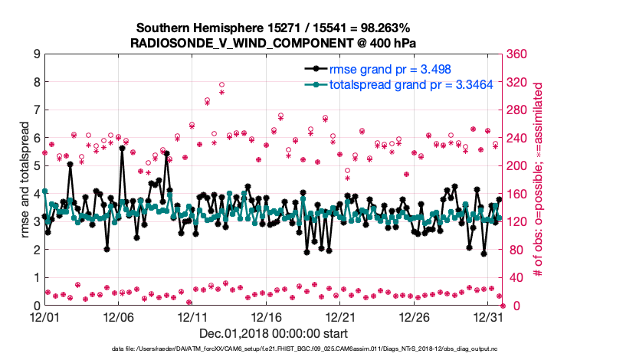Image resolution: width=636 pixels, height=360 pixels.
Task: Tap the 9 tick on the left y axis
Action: click(35, 54)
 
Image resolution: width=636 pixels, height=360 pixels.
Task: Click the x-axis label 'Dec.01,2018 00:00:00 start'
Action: click(274, 333)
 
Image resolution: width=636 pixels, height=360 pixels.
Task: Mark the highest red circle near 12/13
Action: click(221, 85)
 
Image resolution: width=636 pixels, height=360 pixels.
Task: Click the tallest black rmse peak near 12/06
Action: click(122, 149)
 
